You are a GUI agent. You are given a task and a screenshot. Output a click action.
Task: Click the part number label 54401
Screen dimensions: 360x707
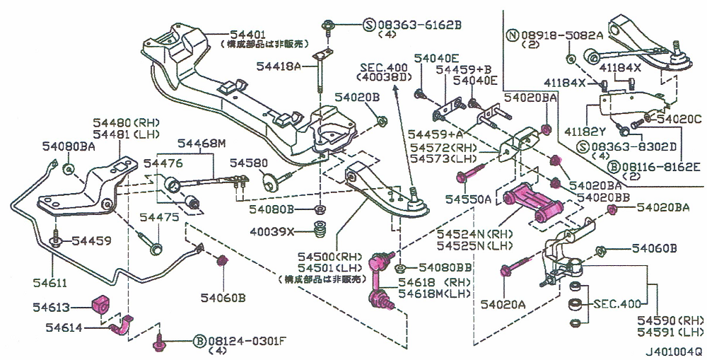coord(245,33)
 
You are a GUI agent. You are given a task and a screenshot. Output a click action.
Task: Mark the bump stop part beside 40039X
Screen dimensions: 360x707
coord(319,231)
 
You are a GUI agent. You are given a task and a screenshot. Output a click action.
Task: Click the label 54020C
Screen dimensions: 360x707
coord(678,120)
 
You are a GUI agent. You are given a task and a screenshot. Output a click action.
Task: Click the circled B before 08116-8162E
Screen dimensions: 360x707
coord(614,167)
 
